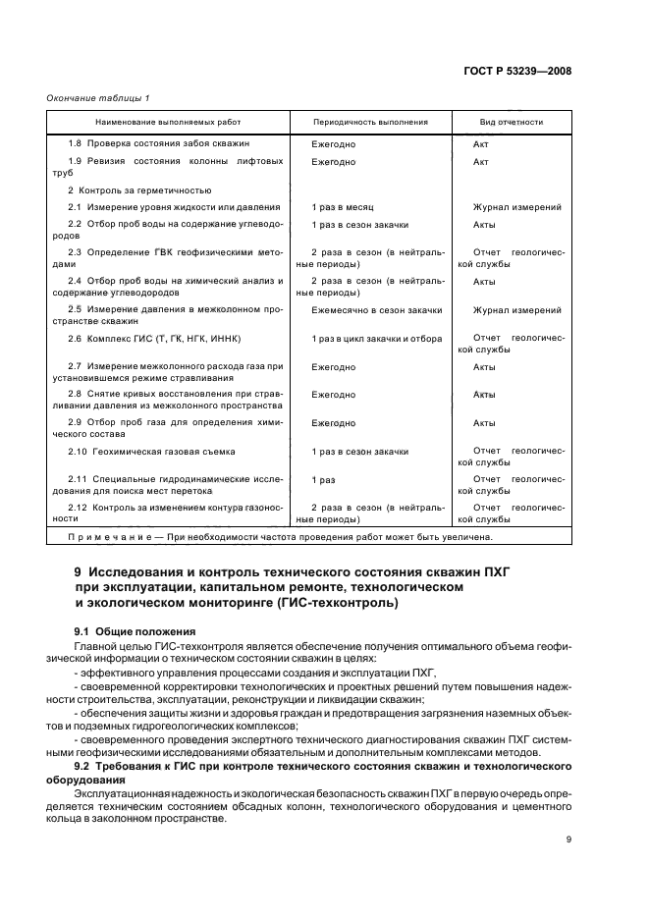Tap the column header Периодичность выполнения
click(x=370, y=123)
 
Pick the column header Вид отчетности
click(x=512, y=123)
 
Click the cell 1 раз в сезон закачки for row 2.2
click(x=359, y=225)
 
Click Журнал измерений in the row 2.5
click(x=517, y=310)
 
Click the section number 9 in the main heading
click(x=79, y=571)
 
